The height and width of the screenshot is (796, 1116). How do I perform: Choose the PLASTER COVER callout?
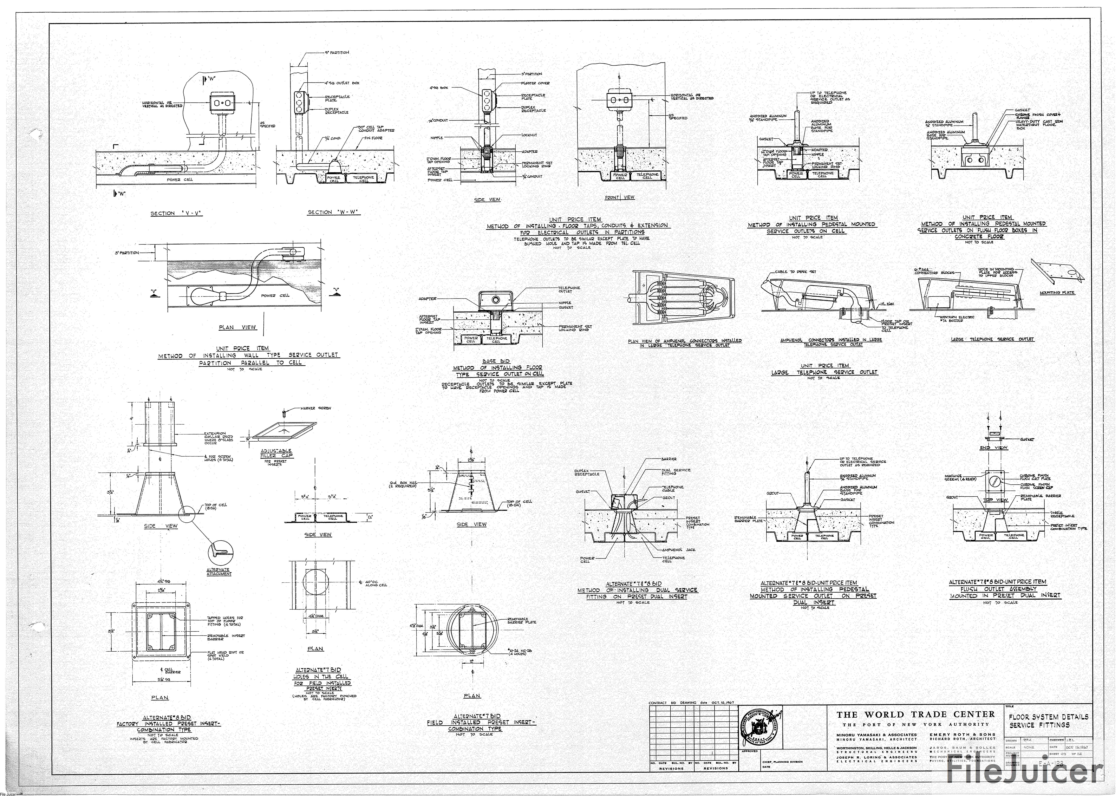[x=535, y=83]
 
